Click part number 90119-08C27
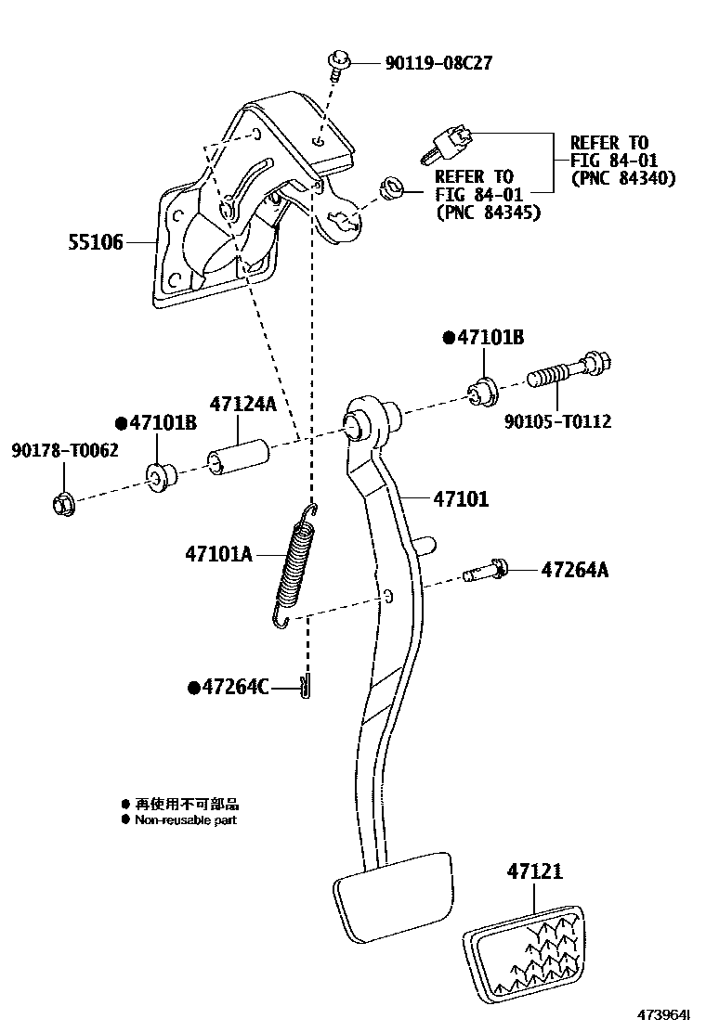438,64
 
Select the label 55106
95,243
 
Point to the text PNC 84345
488,213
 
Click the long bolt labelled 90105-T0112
569,373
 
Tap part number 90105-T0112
557,421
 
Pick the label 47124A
243,406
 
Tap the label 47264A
575,570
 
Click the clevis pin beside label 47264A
485,571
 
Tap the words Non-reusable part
186,820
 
